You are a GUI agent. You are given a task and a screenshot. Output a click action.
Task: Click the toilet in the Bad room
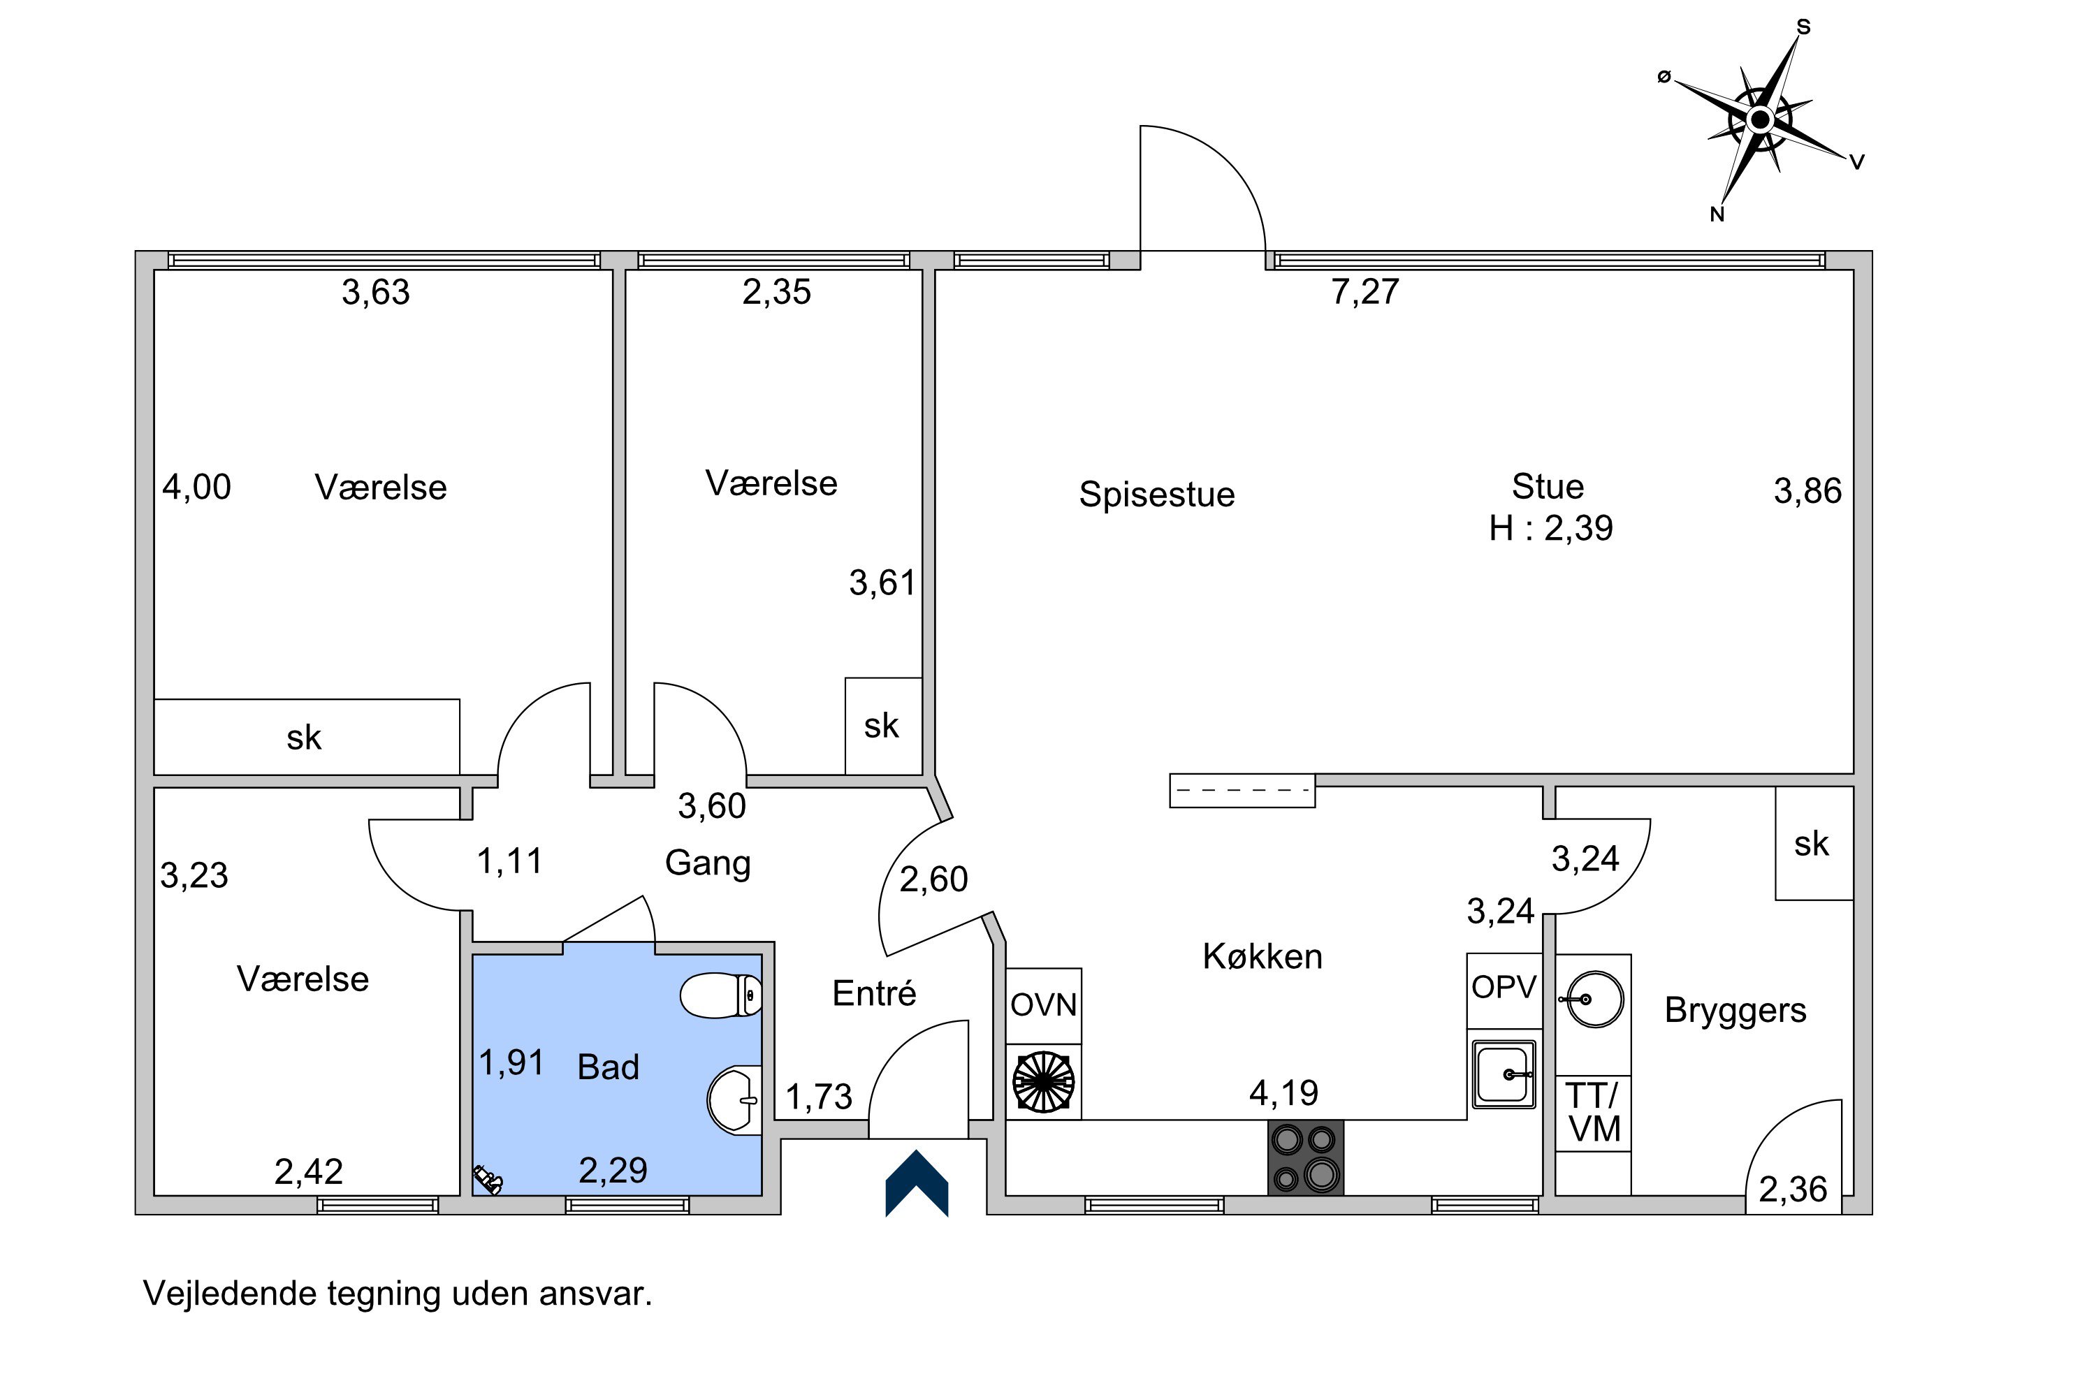point(720,995)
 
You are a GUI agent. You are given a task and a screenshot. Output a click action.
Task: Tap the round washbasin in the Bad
point(734,1100)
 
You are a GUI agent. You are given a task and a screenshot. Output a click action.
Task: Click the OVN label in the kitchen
point(1044,1006)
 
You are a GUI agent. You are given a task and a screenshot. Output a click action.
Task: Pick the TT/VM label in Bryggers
point(1594,1113)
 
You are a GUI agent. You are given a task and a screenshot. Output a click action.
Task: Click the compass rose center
point(1760,119)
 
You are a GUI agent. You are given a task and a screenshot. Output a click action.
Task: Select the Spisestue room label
point(1157,495)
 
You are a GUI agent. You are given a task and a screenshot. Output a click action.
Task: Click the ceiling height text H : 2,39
point(1550,528)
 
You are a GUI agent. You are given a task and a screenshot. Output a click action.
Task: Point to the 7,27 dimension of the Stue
point(1365,292)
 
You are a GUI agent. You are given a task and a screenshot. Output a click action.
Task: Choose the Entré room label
point(873,993)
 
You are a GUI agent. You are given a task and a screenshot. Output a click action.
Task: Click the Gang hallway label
point(708,863)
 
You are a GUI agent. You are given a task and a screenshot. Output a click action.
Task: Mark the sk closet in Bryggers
point(1812,844)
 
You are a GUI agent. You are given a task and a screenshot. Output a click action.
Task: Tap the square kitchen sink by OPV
point(1504,1074)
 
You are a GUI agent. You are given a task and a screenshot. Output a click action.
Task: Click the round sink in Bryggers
point(1594,1000)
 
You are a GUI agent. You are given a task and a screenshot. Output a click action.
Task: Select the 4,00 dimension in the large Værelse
point(196,488)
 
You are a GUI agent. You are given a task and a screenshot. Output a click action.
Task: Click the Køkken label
point(1262,957)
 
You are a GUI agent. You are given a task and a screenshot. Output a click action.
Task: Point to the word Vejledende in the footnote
point(230,1294)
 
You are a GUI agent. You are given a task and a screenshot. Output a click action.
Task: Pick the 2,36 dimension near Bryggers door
point(1792,1190)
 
